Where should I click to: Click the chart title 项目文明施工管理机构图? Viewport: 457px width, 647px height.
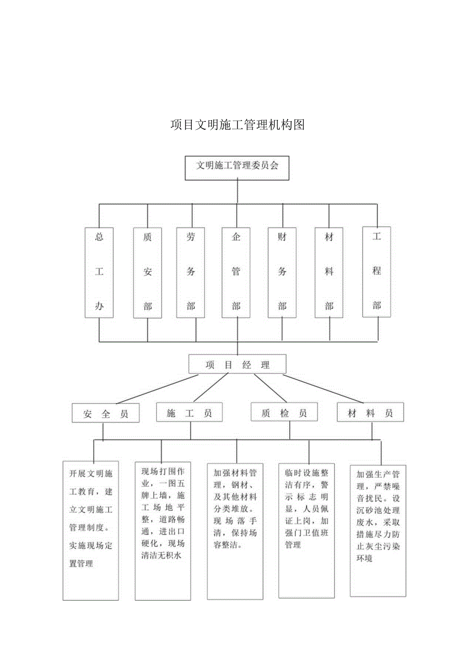[237, 124]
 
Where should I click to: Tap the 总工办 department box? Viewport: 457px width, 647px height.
[99, 272]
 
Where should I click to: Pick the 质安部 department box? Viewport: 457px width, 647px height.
[148, 273]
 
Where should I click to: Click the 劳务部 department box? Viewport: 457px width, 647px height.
[191, 273]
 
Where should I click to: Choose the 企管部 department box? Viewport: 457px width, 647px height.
[236, 273]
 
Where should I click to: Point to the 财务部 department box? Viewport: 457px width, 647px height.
[282, 273]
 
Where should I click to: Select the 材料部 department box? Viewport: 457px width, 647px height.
[329, 273]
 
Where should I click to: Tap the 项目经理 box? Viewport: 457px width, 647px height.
[237, 365]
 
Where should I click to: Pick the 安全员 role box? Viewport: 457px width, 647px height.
[105, 413]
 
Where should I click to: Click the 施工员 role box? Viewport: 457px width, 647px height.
[189, 412]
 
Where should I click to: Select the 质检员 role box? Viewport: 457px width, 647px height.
[284, 412]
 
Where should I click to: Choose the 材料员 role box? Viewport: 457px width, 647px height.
[370, 412]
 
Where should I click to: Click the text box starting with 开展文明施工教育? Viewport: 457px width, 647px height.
[91, 530]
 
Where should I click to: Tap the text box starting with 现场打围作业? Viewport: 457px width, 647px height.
[162, 529]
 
